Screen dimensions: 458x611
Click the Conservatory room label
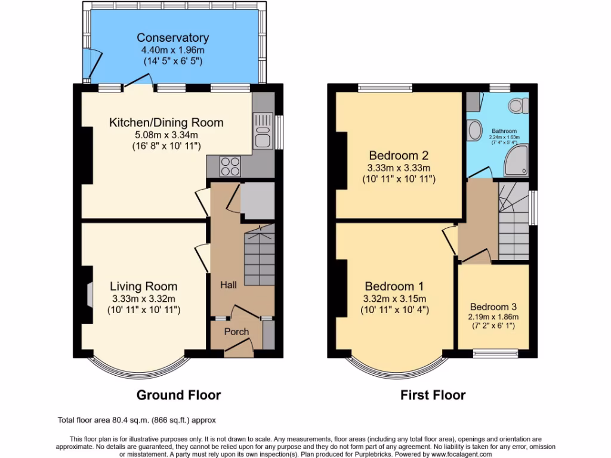point(172,38)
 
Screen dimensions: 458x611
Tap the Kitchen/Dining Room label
point(166,123)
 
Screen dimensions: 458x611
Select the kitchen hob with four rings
point(229,165)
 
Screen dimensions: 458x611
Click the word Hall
point(228,285)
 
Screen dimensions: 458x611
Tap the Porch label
point(236,332)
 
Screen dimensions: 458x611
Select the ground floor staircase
point(260,259)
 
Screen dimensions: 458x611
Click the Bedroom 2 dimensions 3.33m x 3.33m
point(399,167)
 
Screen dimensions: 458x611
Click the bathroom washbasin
point(476,129)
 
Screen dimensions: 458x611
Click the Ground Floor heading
point(178,395)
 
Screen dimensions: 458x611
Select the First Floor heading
point(433,395)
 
